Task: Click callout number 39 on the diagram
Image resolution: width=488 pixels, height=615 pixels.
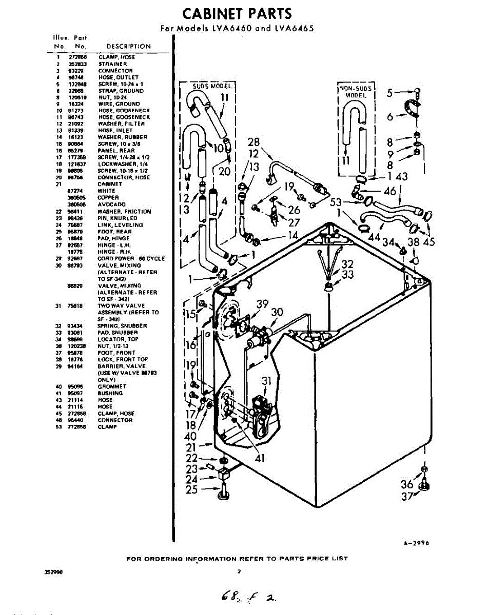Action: [x=262, y=304]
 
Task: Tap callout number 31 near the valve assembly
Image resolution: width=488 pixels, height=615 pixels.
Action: [x=266, y=381]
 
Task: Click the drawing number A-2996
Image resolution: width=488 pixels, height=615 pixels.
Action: [x=413, y=545]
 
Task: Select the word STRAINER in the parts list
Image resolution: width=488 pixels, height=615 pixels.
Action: [x=112, y=64]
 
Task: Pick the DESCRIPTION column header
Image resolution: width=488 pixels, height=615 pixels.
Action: [x=128, y=46]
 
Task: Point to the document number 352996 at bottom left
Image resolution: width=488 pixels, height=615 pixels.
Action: [x=54, y=571]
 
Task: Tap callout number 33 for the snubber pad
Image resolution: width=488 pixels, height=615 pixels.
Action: [x=347, y=276]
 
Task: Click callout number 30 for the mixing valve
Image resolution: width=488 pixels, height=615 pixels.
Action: [x=277, y=312]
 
